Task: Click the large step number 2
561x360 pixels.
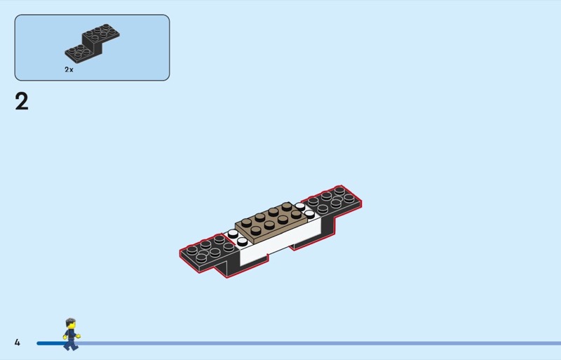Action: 22,102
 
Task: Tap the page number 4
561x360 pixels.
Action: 17,342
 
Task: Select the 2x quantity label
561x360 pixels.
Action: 69,69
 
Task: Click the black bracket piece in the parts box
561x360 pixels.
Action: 93,44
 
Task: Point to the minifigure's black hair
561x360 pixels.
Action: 71,321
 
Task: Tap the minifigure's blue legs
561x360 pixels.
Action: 71,345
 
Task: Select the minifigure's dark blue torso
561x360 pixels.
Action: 72,334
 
